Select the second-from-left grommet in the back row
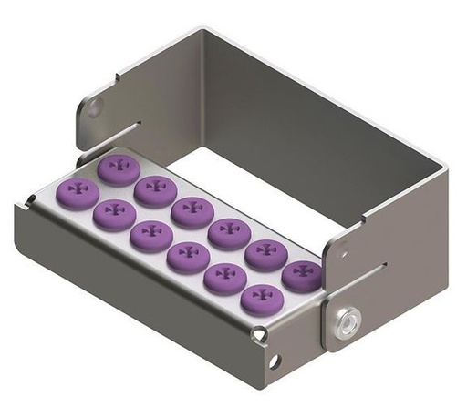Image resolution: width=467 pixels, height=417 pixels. (152, 188)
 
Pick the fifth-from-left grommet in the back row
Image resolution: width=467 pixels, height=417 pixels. (262, 251)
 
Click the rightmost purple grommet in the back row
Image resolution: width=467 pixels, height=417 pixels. (299, 272)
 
